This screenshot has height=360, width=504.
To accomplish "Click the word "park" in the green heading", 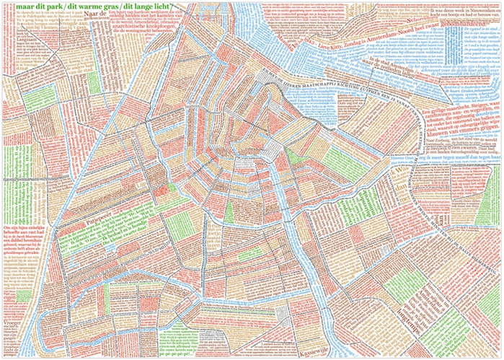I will [48, 7].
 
